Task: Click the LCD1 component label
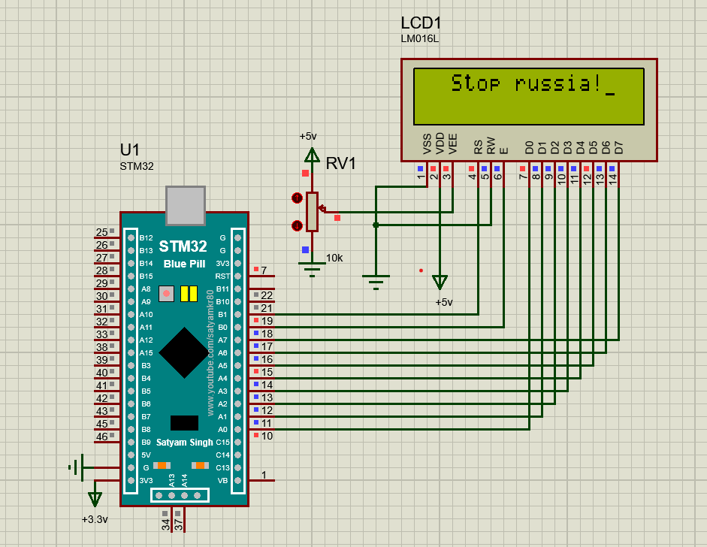[x=421, y=23]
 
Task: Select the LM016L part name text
[x=419, y=38]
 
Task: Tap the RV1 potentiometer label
[x=340, y=163]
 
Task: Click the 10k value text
[x=334, y=258]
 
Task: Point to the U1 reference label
[x=130, y=150]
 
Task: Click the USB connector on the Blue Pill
[x=186, y=205]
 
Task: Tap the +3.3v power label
[x=95, y=519]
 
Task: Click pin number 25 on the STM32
[x=101, y=232]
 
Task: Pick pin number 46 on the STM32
[x=101, y=437]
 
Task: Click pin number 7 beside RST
[x=264, y=270]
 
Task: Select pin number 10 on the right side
[x=267, y=436]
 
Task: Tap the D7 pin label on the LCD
[x=618, y=147]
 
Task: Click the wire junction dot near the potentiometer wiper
[x=376, y=224]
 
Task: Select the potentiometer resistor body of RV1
[x=313, y=211]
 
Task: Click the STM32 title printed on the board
[x=183, y=246]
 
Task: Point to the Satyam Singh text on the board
[x=184, y=443]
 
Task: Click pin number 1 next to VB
[x=264, y=475]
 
